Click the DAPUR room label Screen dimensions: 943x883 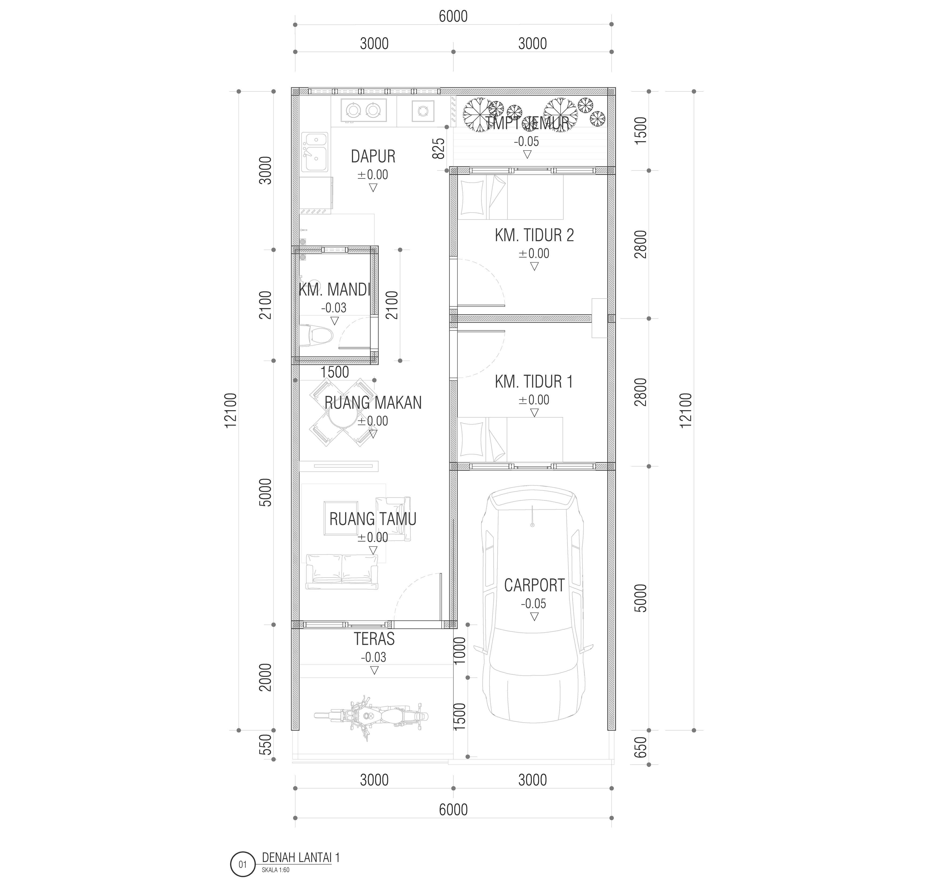(x=373, y=156)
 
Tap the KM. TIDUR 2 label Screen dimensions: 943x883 (x=534, y=235)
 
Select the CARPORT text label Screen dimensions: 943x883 (x=534, y=585)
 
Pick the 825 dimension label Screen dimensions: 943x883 (x=439, y=148)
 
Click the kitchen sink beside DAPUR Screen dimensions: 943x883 (x=314, y=152)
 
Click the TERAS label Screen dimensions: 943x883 (x=374, y=639)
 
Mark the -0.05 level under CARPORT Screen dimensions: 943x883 (x=534, y=604)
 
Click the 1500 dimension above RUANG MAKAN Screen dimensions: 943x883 (x=335, y=372)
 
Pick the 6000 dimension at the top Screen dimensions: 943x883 (x=453, y=16)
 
